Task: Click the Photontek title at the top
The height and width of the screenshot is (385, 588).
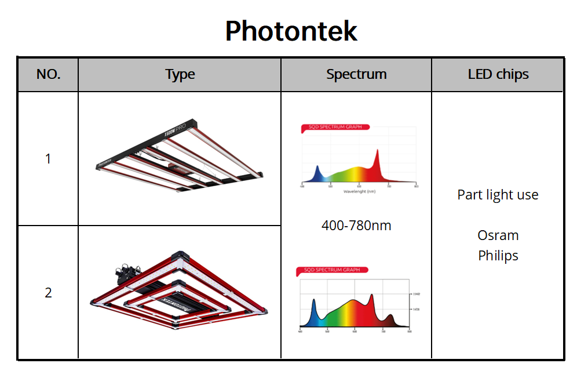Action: (x=291, y=31)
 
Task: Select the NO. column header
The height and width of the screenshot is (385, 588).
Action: (x=48, y=74)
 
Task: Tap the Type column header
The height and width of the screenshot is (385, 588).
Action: (x=180, y=74)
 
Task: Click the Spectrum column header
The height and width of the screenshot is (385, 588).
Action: (x=356, y=74)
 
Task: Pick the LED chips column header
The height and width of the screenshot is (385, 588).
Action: (x=498, y=74)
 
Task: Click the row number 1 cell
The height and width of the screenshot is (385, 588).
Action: (x=48, y=158)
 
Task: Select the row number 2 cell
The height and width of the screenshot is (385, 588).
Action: (x=48, y=292)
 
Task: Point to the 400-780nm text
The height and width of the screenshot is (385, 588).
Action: (x=356, y=225)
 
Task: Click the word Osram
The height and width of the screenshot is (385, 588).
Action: (x=498, y=235)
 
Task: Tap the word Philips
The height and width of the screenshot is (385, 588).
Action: (x=498, y=255)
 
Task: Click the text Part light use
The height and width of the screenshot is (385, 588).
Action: (x=498, y=195)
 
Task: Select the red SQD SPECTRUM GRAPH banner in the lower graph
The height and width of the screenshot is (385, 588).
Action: (x=331, y=270)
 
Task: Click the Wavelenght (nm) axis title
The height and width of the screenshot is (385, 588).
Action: (x=359, y=191)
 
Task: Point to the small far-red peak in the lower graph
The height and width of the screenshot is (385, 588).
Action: (x=390, y=318)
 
